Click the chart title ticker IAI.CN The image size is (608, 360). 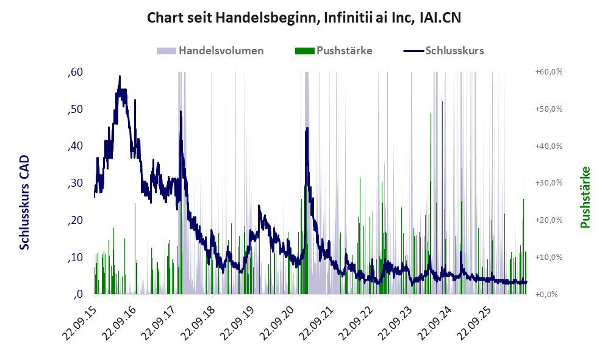[x=440, y=18]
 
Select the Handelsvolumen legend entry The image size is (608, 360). [x=210, y=51]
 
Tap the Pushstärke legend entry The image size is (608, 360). [x=334, y=51]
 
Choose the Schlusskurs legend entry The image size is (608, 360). [x=443, y=51]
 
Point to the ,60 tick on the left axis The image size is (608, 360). [x=75, y=72]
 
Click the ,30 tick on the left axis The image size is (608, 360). [x=75, y=183]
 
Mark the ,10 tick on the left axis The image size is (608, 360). [x=75, y=257]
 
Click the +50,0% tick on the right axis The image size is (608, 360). [x=549, y=109]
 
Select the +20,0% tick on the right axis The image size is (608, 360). [x=549, y=220]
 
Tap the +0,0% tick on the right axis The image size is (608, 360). [x=547, y=295]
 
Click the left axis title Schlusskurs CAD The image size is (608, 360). [x=24, y=202]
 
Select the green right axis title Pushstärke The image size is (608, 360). [x=585, y=197]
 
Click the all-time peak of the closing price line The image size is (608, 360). [x=120, y=76]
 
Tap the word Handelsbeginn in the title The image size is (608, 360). [x=267, y=18]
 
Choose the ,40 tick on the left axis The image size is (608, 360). [x=75, y=146]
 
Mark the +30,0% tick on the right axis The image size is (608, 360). [x=549, y=183]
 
